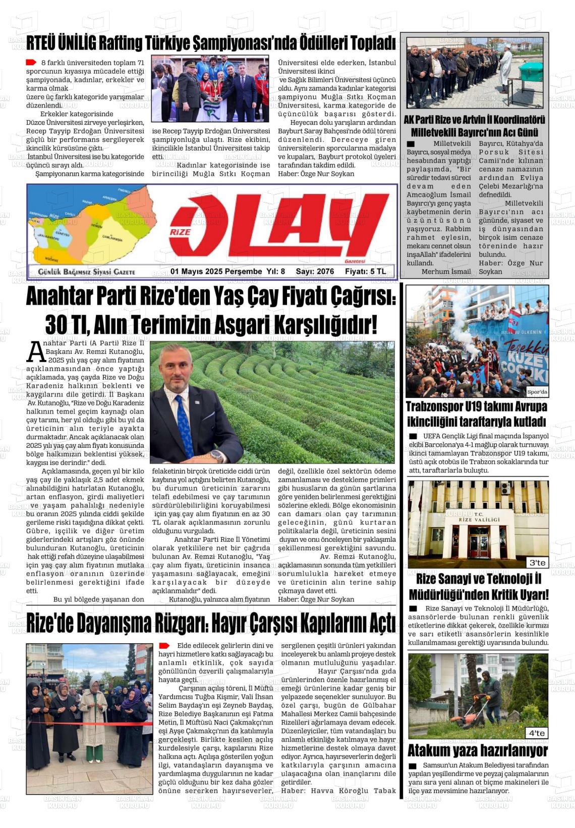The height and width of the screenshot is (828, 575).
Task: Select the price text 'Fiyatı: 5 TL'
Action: (x=366, y=272)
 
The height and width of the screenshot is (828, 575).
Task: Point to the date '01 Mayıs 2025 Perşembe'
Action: (x=216, y=272)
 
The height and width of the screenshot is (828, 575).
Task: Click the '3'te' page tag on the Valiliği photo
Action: (x=537, y=562)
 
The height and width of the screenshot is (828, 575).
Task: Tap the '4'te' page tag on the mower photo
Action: (x=537, y=733)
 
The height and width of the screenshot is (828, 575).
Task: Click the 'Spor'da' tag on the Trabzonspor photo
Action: (x=537, y=392)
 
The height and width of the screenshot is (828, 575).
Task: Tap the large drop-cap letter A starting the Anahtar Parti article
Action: (x=35, y=352)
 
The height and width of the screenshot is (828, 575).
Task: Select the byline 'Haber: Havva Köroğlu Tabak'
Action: (x=338, y=791)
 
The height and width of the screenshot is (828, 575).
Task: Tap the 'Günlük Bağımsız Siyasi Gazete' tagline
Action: (x=86, y=272)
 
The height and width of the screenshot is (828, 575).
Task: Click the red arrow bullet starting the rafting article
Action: (x=31, y=63)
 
